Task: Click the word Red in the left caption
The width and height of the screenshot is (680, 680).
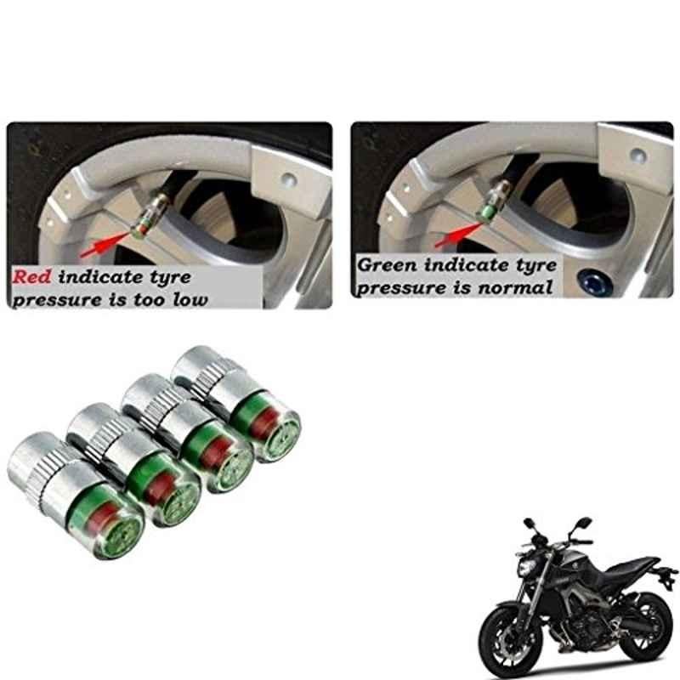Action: tap(31, 277)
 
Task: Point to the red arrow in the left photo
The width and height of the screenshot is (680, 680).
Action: tap(105, 244)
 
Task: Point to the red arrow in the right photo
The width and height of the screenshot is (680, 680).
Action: tap(459, 235)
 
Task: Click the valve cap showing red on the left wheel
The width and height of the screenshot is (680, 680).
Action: tap(150, 213)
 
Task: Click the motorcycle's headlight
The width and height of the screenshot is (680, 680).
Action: tap(527, 565)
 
